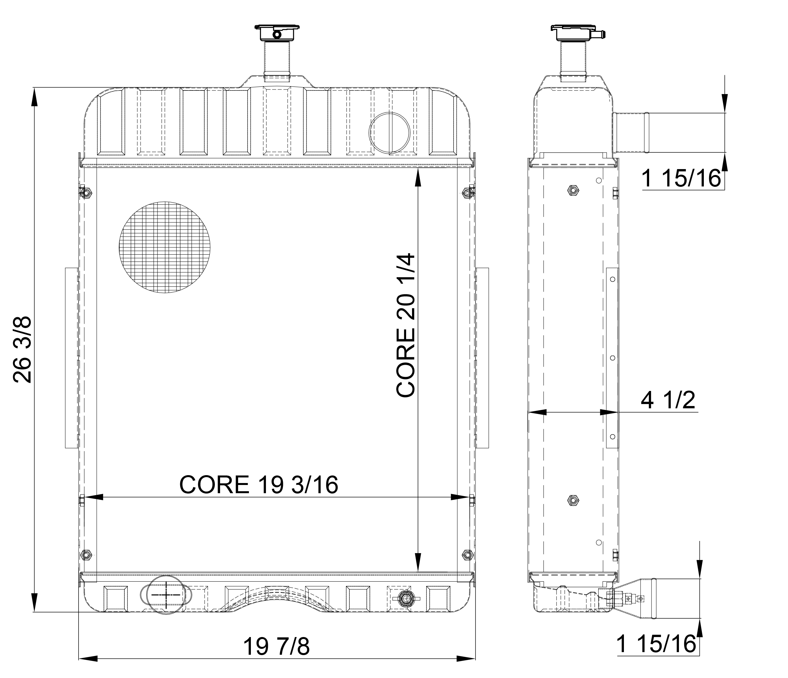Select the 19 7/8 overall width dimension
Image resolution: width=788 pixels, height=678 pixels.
click(276, 647)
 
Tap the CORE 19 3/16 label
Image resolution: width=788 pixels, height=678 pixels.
click(259, 485)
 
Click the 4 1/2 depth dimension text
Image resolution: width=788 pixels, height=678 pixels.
click(668, 400)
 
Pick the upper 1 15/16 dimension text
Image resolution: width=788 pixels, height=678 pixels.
click(681, 179)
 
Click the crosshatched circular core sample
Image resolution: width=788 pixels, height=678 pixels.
click(165, 247)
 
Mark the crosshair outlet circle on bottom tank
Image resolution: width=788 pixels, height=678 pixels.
click(166, 595)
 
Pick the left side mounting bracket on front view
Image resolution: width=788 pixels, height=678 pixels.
click(71, 358)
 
